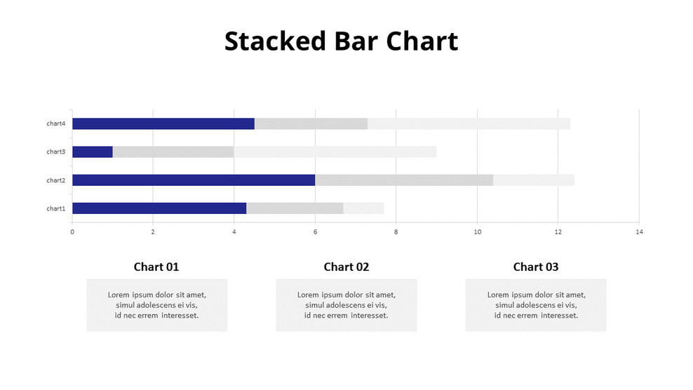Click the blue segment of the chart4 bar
[x=163, y=123]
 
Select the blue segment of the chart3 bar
[x=93, y=152]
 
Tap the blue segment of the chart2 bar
[x=193, y=180]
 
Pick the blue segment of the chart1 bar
[x=159, y=208]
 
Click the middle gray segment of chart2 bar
[x=403, y=180]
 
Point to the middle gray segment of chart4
[x=311, y=123]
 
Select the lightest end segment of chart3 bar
[x=335, y=152]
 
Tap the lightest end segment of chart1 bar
[x=363, y=208]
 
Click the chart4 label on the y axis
[x=56, y=123]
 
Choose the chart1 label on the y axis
[x=56, y=208]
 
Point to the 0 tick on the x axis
[x=72, y=231]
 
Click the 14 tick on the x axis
[x=638, y=231]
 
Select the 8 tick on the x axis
[x=396, y=231]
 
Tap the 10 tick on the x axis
[x=477, y=231]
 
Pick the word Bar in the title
[x=356, y=41]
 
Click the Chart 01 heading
[x=156, y=267]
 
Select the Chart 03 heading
[x=536, y=267]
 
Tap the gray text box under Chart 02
[x=346, y=305]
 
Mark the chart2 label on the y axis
[x=56, y=180]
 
